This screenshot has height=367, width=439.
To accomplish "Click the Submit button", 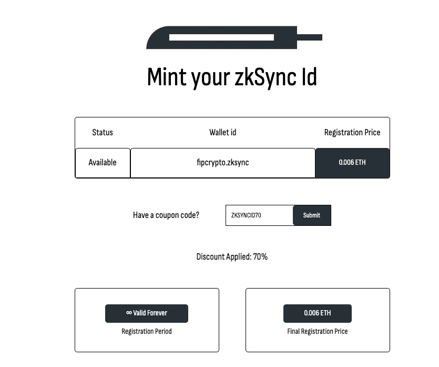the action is pos(312,215).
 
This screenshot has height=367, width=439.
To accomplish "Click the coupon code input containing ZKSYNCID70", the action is pos(259,215).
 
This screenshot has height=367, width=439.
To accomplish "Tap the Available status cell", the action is pos(103,163).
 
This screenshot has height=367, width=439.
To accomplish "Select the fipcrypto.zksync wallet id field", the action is pos(222,163).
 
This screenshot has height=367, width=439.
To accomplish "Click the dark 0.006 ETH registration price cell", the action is pos(352,163).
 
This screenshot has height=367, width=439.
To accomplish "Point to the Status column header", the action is pos(103,132).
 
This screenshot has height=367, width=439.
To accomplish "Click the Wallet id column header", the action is pos(222,132).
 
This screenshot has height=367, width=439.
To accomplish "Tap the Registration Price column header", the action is pos(352,132).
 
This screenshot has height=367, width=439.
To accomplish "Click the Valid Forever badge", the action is pos(147,313).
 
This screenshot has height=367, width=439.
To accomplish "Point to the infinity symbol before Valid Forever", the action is pos(129,313).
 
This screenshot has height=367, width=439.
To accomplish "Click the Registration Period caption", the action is pos(147,332).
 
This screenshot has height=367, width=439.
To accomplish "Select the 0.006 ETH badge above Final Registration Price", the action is pos(318,313).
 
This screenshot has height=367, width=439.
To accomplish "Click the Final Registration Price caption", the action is pos(318,332).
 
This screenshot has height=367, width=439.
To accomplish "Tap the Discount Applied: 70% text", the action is pos(232,257).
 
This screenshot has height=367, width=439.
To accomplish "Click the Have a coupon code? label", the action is pos(166,215).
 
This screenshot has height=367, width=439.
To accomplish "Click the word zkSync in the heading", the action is pos(258,77).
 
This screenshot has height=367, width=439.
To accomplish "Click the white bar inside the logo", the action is pos(221,37).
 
